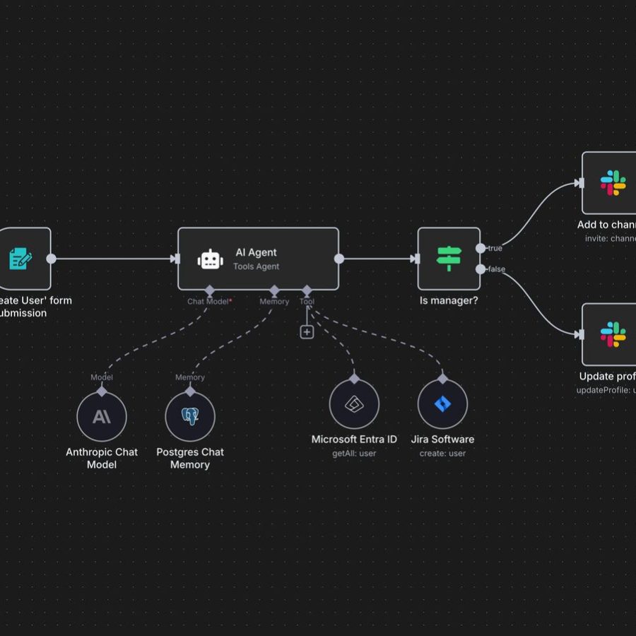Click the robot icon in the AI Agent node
tap(211, 259)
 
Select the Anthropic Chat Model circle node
tap(102, 417)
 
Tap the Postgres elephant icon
tap(190, 417)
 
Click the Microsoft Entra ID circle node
tap(354, 404)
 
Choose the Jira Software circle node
tap(442, 404)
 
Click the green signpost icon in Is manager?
tap(449, 259)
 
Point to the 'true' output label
tap(495, 248)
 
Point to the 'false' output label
tap(496, 269)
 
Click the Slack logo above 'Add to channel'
tap(613, 183)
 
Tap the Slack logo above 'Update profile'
tap(613, 334)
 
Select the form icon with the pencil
tap(21, 259)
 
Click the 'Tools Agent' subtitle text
tap(257, 266)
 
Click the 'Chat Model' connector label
tap(208, 302)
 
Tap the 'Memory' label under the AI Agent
tap(274, 302)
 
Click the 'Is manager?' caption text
tap(449, 300)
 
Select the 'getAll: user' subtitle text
tap(354, 453)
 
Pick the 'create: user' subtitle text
tap(442, 453)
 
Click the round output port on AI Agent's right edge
tap(339, 259)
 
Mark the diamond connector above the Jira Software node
tap(442, 379)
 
